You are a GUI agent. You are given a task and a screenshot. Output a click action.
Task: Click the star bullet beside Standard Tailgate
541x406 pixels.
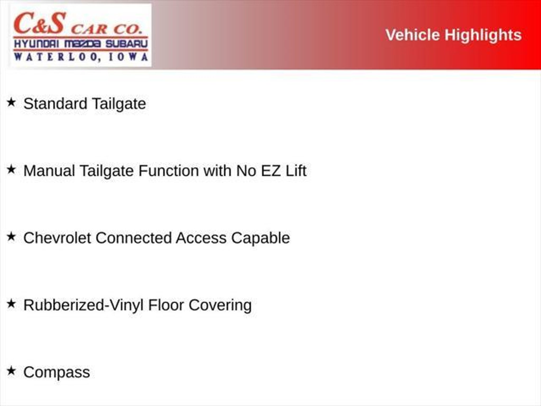point(11,102)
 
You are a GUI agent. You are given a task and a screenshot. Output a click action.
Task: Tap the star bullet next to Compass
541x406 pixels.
point(11,371)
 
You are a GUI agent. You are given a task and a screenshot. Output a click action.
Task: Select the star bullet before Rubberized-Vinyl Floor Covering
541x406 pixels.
point(11,304)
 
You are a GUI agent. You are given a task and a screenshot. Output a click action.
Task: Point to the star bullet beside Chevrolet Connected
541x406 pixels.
point(11,237)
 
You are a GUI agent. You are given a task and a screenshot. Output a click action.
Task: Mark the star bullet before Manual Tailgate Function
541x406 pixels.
point(11,169)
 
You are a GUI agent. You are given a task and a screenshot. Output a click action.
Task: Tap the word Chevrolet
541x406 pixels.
point(57,238)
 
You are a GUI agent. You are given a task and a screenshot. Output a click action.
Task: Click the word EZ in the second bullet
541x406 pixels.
point(270,171)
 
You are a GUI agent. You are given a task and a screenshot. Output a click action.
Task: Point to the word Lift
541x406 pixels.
point(296,171)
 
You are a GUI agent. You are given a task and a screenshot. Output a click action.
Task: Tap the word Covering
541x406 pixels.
point(220,305)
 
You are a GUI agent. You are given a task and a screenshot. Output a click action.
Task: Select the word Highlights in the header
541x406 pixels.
point(483,35)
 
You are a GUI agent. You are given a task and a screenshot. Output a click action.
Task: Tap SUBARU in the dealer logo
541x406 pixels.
point(127,44)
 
